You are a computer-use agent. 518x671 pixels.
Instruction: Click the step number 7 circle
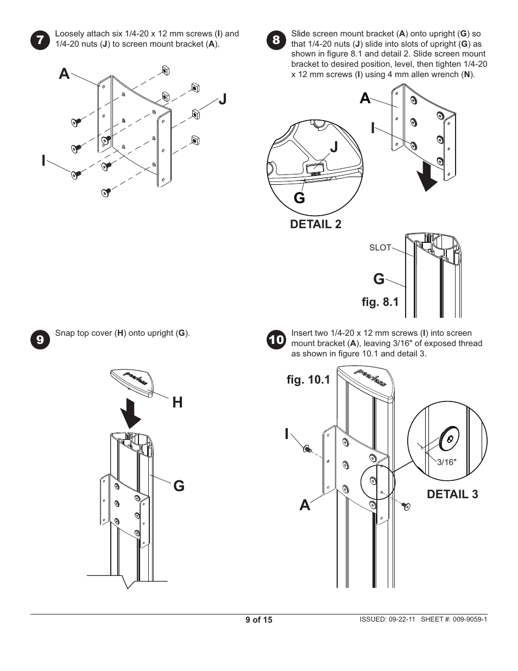40,40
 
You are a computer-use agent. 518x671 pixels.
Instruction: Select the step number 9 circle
40,339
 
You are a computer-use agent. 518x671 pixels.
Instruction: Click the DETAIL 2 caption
315,224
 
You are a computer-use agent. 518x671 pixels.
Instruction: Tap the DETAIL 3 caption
452,494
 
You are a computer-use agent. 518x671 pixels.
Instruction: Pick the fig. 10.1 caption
308,380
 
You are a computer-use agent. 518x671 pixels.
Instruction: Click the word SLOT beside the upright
380,248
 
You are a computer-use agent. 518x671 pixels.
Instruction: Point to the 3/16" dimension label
447,462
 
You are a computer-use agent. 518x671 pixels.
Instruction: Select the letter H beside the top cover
177,402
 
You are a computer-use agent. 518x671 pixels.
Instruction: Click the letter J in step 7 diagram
222,99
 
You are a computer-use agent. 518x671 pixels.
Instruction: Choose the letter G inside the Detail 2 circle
299,198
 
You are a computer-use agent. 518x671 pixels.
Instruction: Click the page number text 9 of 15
258,619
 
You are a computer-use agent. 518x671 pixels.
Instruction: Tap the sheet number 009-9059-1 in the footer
468,619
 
